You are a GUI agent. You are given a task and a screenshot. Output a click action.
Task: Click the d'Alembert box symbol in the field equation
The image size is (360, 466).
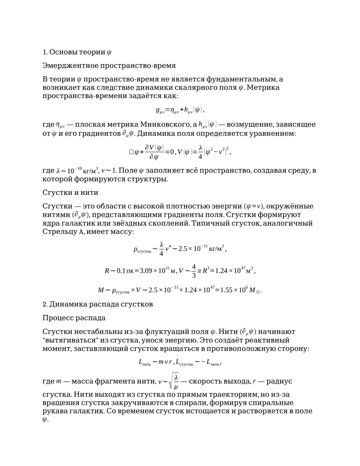point(131,152)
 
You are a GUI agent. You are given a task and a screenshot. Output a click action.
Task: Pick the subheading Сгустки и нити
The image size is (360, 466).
point(69,192)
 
